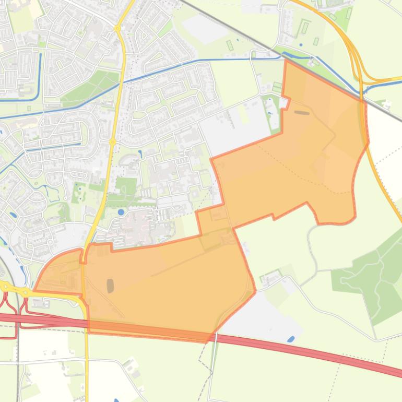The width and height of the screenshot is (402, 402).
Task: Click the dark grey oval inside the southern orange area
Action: tap(110, 285)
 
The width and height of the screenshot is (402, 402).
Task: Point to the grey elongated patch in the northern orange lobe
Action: tap(302, 112)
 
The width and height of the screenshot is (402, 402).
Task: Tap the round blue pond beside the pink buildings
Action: tap(122, 212)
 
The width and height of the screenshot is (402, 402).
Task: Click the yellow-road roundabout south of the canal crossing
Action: tap(112, 127)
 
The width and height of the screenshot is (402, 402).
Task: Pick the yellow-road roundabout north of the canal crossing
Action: tap(118, 29)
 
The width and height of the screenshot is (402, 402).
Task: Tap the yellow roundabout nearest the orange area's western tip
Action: tap(25, 292)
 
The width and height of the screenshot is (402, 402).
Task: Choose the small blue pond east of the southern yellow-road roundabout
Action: tap(140, 139)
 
